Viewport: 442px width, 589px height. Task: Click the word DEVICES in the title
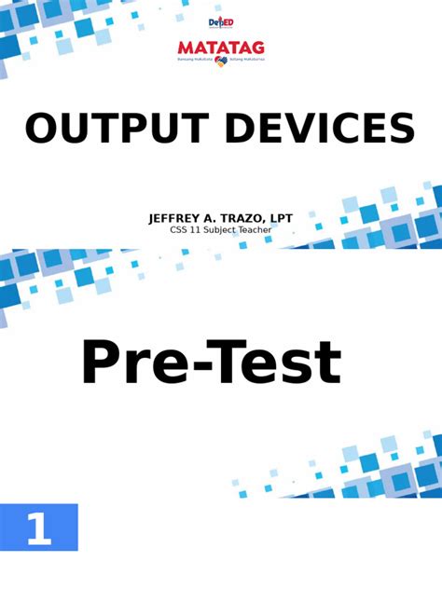coord(318,129)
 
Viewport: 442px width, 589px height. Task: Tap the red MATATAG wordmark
coord(221,48)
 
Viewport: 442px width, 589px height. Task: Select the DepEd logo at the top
coord(220,22)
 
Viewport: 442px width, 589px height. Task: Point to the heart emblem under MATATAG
coord(221,61)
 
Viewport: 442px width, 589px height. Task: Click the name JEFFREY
coord(179,218)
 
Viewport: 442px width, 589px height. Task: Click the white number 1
coord(38,529)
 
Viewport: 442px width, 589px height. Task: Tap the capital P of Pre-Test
coord(103,363)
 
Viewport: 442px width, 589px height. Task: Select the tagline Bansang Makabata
coord(195,60)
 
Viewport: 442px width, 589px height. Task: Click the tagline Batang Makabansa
coord(246,60)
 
